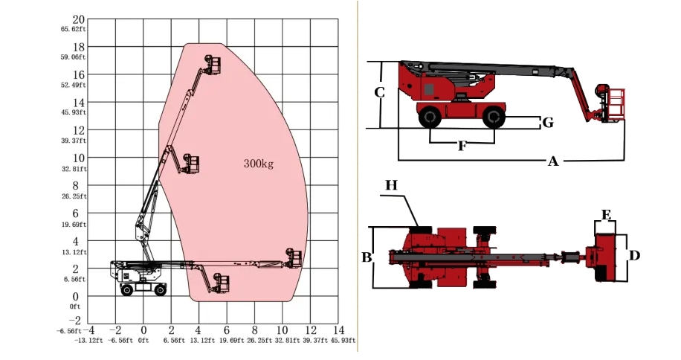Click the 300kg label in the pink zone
pos(259,164)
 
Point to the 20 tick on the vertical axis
pos(79,19)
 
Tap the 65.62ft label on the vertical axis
pos(74,29)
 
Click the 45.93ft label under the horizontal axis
pos(343,340)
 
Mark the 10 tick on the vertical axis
pos(79,158)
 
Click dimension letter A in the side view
pos(553,161)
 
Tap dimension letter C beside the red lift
pos(379,92)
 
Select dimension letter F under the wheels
pos(462,146)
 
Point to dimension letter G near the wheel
pos(548,123)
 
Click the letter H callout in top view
pos(391,185)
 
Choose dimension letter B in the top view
pos(367,257)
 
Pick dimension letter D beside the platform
pos(634,255)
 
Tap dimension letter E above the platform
pos(607,215)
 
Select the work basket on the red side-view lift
pos(611,104)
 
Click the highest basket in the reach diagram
pos(213,65)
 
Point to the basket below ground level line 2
pos(222,283)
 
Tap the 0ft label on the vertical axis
pos(75,306)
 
